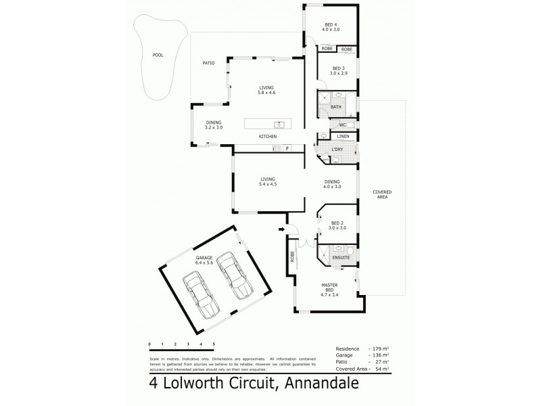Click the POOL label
pos(158,56)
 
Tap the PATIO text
pos(208,63)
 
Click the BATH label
pos(336,107)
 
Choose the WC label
pos(343,125)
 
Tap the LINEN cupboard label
pos(343,137)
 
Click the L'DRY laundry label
pos(337,149)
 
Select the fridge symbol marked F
pos(287,148)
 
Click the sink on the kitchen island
pos(278,125)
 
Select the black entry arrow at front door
pos(281,230)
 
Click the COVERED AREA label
pos(382,194)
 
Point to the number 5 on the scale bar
pos(214,344)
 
